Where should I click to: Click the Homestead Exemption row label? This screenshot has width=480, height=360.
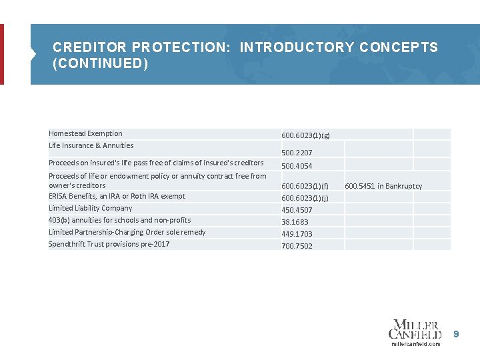pos(85,133)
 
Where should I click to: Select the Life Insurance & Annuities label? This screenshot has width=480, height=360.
pos(91,145)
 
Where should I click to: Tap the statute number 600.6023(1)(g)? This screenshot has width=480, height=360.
pos(305,135)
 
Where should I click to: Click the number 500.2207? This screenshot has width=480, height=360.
pos(297,153)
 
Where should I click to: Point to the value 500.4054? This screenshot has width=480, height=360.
pos(297,166)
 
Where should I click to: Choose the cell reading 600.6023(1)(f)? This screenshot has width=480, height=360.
pos(305,186)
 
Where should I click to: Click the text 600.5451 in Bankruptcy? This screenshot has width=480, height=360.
pos(383,186)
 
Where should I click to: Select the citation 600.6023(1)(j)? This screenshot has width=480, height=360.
pos(305,198)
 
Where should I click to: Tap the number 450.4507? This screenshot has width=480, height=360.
pos(297,210)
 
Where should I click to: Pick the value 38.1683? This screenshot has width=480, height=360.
pos(295,222)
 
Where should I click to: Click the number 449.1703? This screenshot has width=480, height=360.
pos(297,234)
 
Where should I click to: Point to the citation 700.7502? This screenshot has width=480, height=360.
pos(297,246)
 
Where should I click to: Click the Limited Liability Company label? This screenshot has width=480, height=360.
pos(90,208)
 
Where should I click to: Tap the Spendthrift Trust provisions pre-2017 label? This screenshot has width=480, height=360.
pos(109,244)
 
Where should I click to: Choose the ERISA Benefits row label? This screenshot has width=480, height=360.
pos(117,196)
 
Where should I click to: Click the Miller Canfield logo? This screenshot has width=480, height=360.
pos(415,329)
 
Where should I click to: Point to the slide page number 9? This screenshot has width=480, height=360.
pos(457,333)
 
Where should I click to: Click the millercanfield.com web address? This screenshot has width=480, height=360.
pos(415,344)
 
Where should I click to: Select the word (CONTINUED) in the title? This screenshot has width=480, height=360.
pos(100,64)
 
